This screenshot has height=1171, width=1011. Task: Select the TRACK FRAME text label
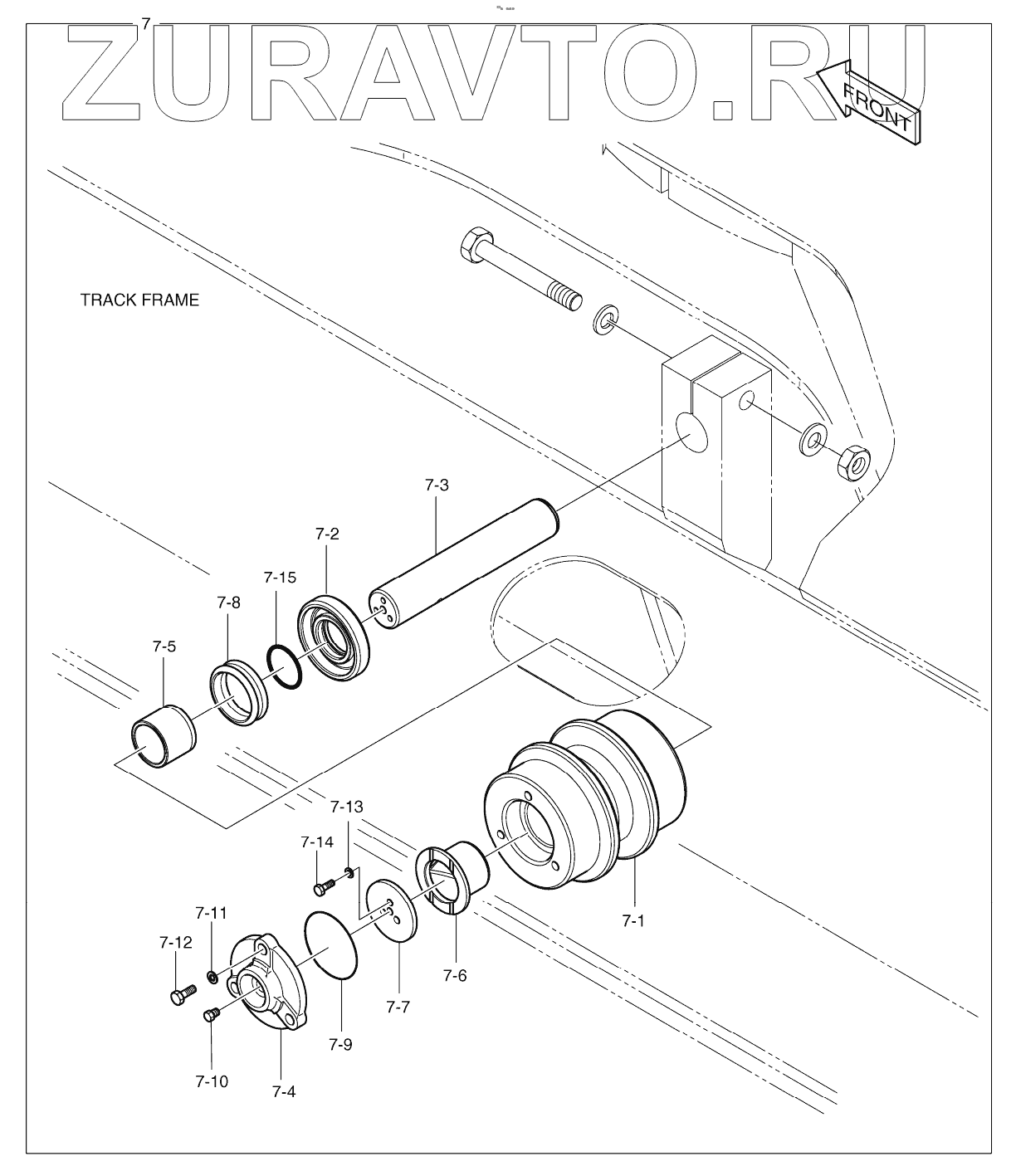(x=139, y=300)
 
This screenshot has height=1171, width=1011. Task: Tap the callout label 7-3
(x=436, y=485)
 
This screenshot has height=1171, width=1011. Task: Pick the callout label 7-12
(x=175, y=943)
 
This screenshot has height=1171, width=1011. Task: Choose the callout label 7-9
(x=339, y=1044)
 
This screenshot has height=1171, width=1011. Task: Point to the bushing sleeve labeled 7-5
(x=164, y=734)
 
